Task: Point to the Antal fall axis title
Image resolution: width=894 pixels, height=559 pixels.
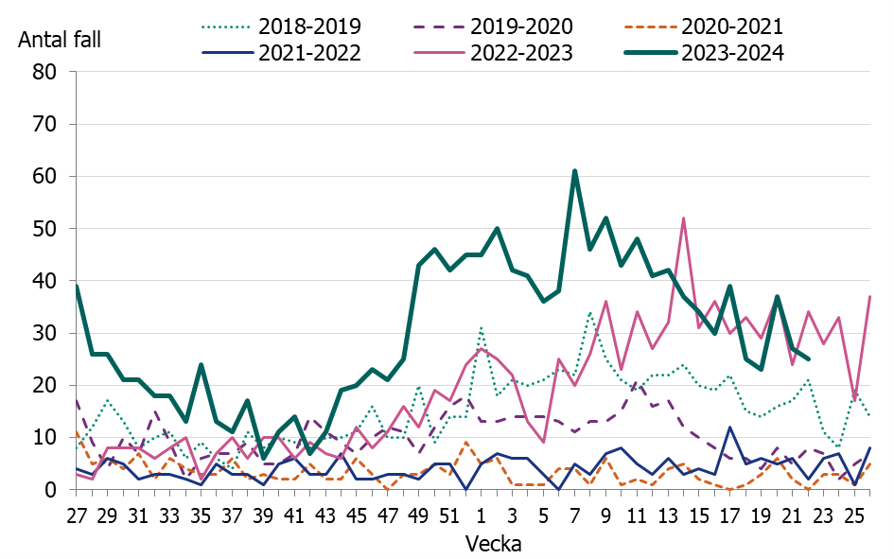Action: point(59,40)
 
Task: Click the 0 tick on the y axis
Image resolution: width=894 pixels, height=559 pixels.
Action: point(53,490)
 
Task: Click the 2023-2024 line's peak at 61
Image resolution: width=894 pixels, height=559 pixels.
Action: point(574,171)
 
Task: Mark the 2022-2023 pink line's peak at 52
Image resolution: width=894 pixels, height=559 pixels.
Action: point(683,218)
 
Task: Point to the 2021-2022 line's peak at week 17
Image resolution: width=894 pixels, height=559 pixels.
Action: point(729,428)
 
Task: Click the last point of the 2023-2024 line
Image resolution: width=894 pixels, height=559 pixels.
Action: point(807,359)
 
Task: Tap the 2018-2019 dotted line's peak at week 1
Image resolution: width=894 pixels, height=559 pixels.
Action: point(481,328)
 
